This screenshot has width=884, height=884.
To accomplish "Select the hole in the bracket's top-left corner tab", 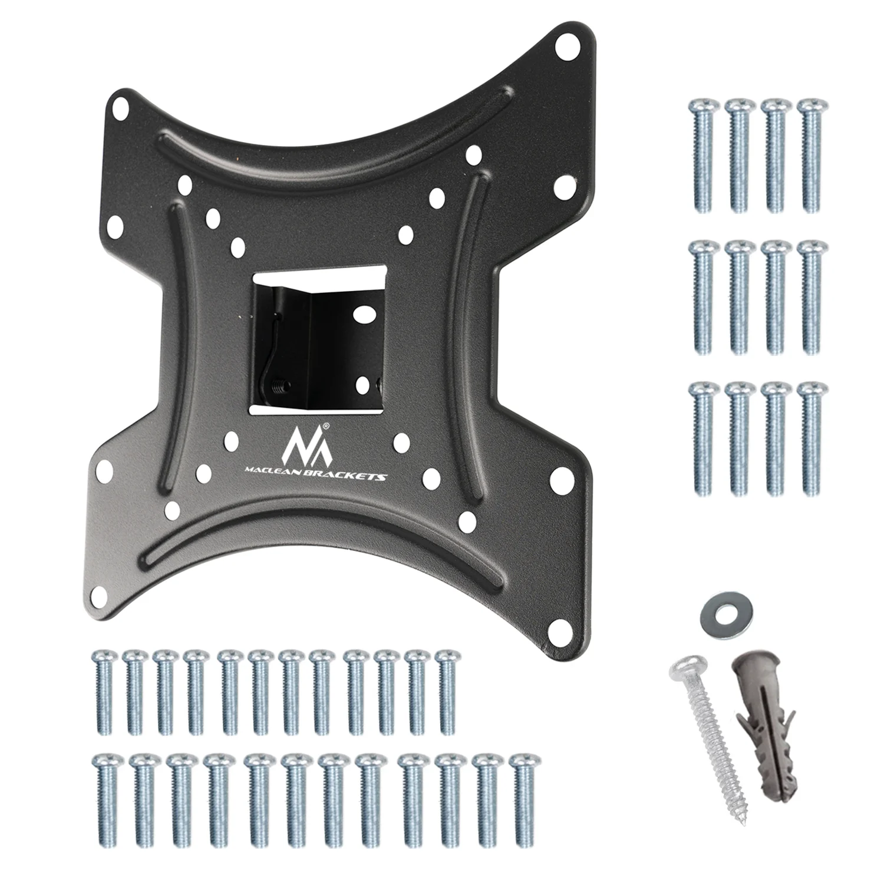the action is (x=118, y=110).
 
